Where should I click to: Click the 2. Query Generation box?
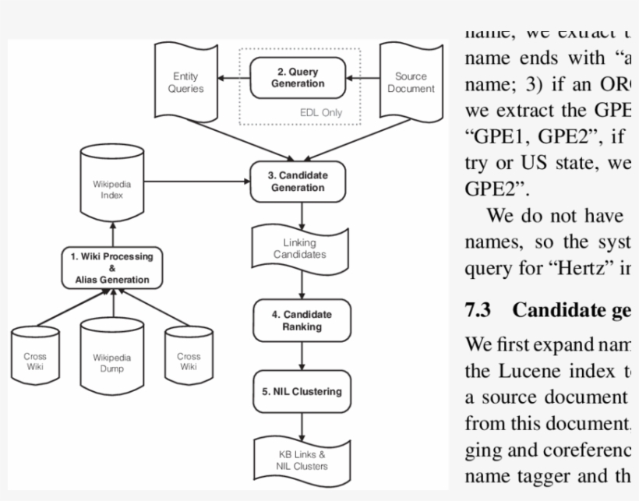click(x=297, y=78)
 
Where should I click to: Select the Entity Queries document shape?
click(x=185, y=82)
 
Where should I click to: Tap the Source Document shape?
click(x=411, y=82)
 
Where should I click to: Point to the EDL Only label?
click(x=321, y=112)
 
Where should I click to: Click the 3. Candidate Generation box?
click(x=298, y=182)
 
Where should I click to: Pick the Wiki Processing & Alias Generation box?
click(x=112, y=267)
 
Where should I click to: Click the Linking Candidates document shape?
click(x=299, y=249)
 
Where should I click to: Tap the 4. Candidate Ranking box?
click(x=302, y=320)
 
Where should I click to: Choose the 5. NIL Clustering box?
click(x=302, y=391)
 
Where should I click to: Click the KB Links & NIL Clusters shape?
click(x=302, y=460)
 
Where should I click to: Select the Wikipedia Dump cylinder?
click(x=112, y=362)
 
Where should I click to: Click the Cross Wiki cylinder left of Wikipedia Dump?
click(x=35, y=361)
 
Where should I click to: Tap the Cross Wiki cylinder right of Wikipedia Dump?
click(x=188, y=361)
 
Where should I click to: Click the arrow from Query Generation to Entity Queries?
click(x=233, y=78)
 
